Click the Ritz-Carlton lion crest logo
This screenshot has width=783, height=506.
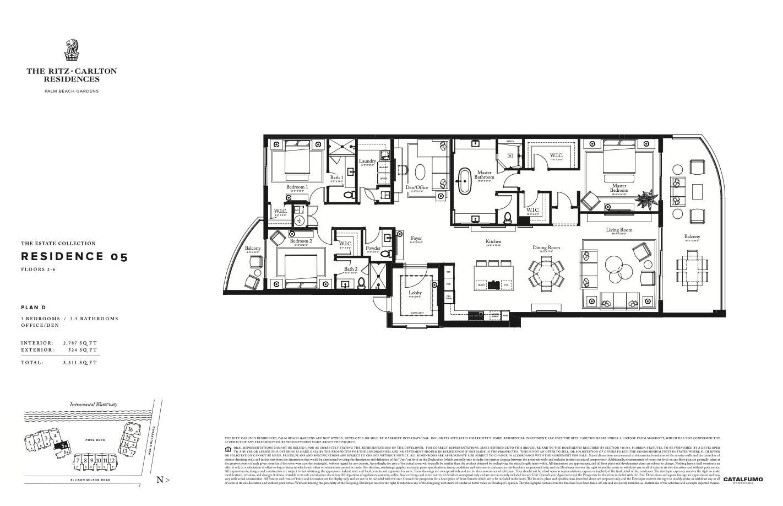point(71,50)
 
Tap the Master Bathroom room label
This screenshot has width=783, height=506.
point(484,175)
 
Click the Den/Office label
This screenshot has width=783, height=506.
point(417,187)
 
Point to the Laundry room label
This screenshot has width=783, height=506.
point(368,162)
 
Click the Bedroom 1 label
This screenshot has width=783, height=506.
point(297,187)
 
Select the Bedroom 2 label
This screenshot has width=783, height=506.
point(301,241)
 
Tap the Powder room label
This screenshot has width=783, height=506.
point(373,248)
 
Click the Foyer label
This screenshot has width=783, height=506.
point(416,239)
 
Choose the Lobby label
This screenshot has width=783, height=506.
point(415,293)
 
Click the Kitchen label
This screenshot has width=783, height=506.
point(493,241)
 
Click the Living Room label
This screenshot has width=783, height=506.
point(619,230)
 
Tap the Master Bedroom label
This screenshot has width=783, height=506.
point(619,188)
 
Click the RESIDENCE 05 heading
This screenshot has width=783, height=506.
point(74,256)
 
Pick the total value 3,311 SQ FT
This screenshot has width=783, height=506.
point(80,363)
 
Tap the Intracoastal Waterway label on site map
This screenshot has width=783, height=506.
point(93,404)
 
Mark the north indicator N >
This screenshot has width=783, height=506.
point(163,480)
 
